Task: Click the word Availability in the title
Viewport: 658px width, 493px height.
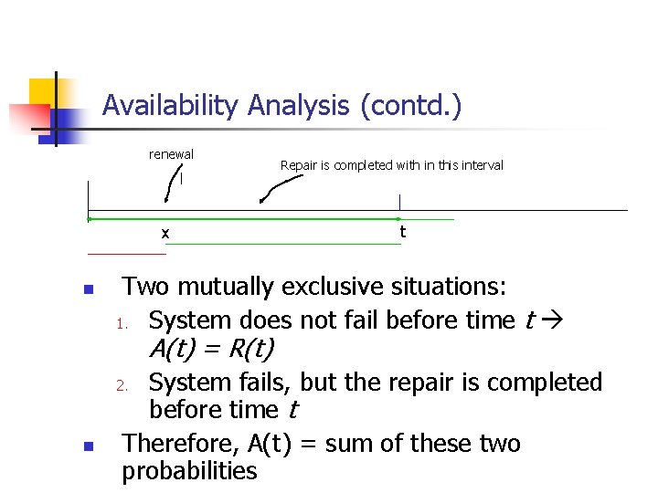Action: (170, 106)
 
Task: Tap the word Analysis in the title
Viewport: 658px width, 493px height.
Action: (298, 106)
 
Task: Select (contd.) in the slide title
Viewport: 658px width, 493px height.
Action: (410, 106)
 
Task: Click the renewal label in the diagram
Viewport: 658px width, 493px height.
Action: (171, 154)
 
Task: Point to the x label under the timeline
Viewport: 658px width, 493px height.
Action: (164, 234)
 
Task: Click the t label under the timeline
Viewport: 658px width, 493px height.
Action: (402, 232)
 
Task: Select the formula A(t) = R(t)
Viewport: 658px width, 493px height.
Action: (211, 350)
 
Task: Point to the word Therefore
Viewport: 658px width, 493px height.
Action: (181, 444)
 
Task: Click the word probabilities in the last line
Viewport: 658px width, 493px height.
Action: (190, 471)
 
